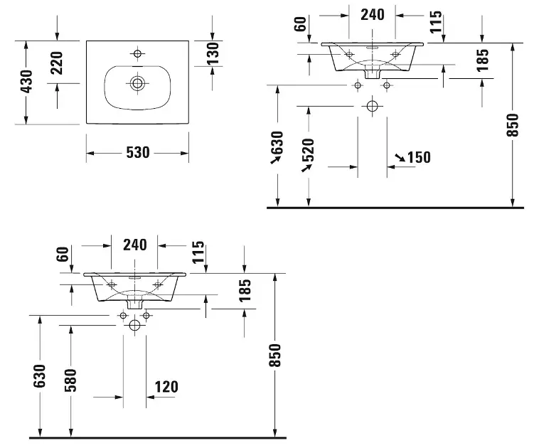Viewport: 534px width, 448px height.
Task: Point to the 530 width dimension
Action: [x=137, y=153]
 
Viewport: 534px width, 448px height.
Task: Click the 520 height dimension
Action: [x=308, y=151]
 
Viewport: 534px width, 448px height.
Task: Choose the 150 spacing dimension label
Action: [x=419, y=157]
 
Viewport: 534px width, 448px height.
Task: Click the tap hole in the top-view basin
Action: [x=137, y=53]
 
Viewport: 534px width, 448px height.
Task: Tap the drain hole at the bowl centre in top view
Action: [x=137, y=83]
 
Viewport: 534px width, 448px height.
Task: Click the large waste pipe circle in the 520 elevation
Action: [x=371, y=107]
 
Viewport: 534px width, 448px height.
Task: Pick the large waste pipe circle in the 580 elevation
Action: [x=134, y=326]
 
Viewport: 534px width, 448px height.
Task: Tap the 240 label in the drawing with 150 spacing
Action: [x=372, y=14]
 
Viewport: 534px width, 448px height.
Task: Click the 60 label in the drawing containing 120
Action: [x=61, y=254]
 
